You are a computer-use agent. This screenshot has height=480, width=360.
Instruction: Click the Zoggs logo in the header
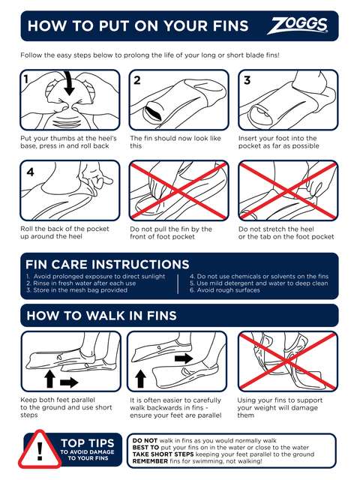298,25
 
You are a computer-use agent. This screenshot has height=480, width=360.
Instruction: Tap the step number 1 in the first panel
26,79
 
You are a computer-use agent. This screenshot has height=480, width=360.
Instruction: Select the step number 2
137,80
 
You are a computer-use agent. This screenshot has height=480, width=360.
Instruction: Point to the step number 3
247,80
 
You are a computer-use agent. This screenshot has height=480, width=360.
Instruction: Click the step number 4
30,172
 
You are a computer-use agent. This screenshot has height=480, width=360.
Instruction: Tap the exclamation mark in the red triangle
40,451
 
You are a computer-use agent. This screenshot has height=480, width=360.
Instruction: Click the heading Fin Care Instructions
107,265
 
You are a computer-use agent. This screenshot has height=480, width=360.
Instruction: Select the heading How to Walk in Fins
102,316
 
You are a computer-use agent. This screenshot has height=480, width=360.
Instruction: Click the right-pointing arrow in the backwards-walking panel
184,358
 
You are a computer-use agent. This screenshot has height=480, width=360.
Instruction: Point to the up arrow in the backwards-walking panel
140,379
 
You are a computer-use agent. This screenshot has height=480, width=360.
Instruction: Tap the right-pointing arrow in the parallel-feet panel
69,382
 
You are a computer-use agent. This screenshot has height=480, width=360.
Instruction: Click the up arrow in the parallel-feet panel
50,379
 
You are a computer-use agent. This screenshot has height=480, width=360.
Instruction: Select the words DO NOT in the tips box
145,440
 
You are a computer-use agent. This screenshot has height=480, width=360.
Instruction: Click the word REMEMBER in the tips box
150,461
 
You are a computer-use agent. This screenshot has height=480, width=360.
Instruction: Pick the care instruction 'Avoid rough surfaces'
225,290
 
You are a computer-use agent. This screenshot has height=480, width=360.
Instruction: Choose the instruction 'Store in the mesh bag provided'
76,290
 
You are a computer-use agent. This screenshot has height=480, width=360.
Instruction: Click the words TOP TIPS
88,443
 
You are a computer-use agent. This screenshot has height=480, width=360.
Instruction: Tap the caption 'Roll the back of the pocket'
64,229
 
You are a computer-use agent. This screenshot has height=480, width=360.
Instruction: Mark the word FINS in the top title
231,25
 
